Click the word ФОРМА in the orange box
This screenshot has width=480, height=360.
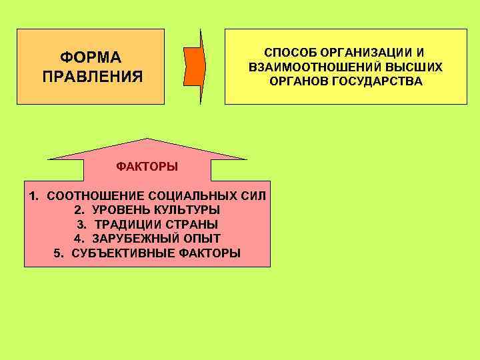point(91,57)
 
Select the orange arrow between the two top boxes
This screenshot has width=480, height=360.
point(195,67)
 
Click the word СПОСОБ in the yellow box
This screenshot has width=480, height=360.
point(289,52)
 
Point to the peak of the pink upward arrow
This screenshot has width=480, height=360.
point(148,139)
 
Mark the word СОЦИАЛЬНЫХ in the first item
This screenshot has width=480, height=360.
point(189,196)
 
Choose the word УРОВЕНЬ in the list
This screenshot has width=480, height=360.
point(117,211)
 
